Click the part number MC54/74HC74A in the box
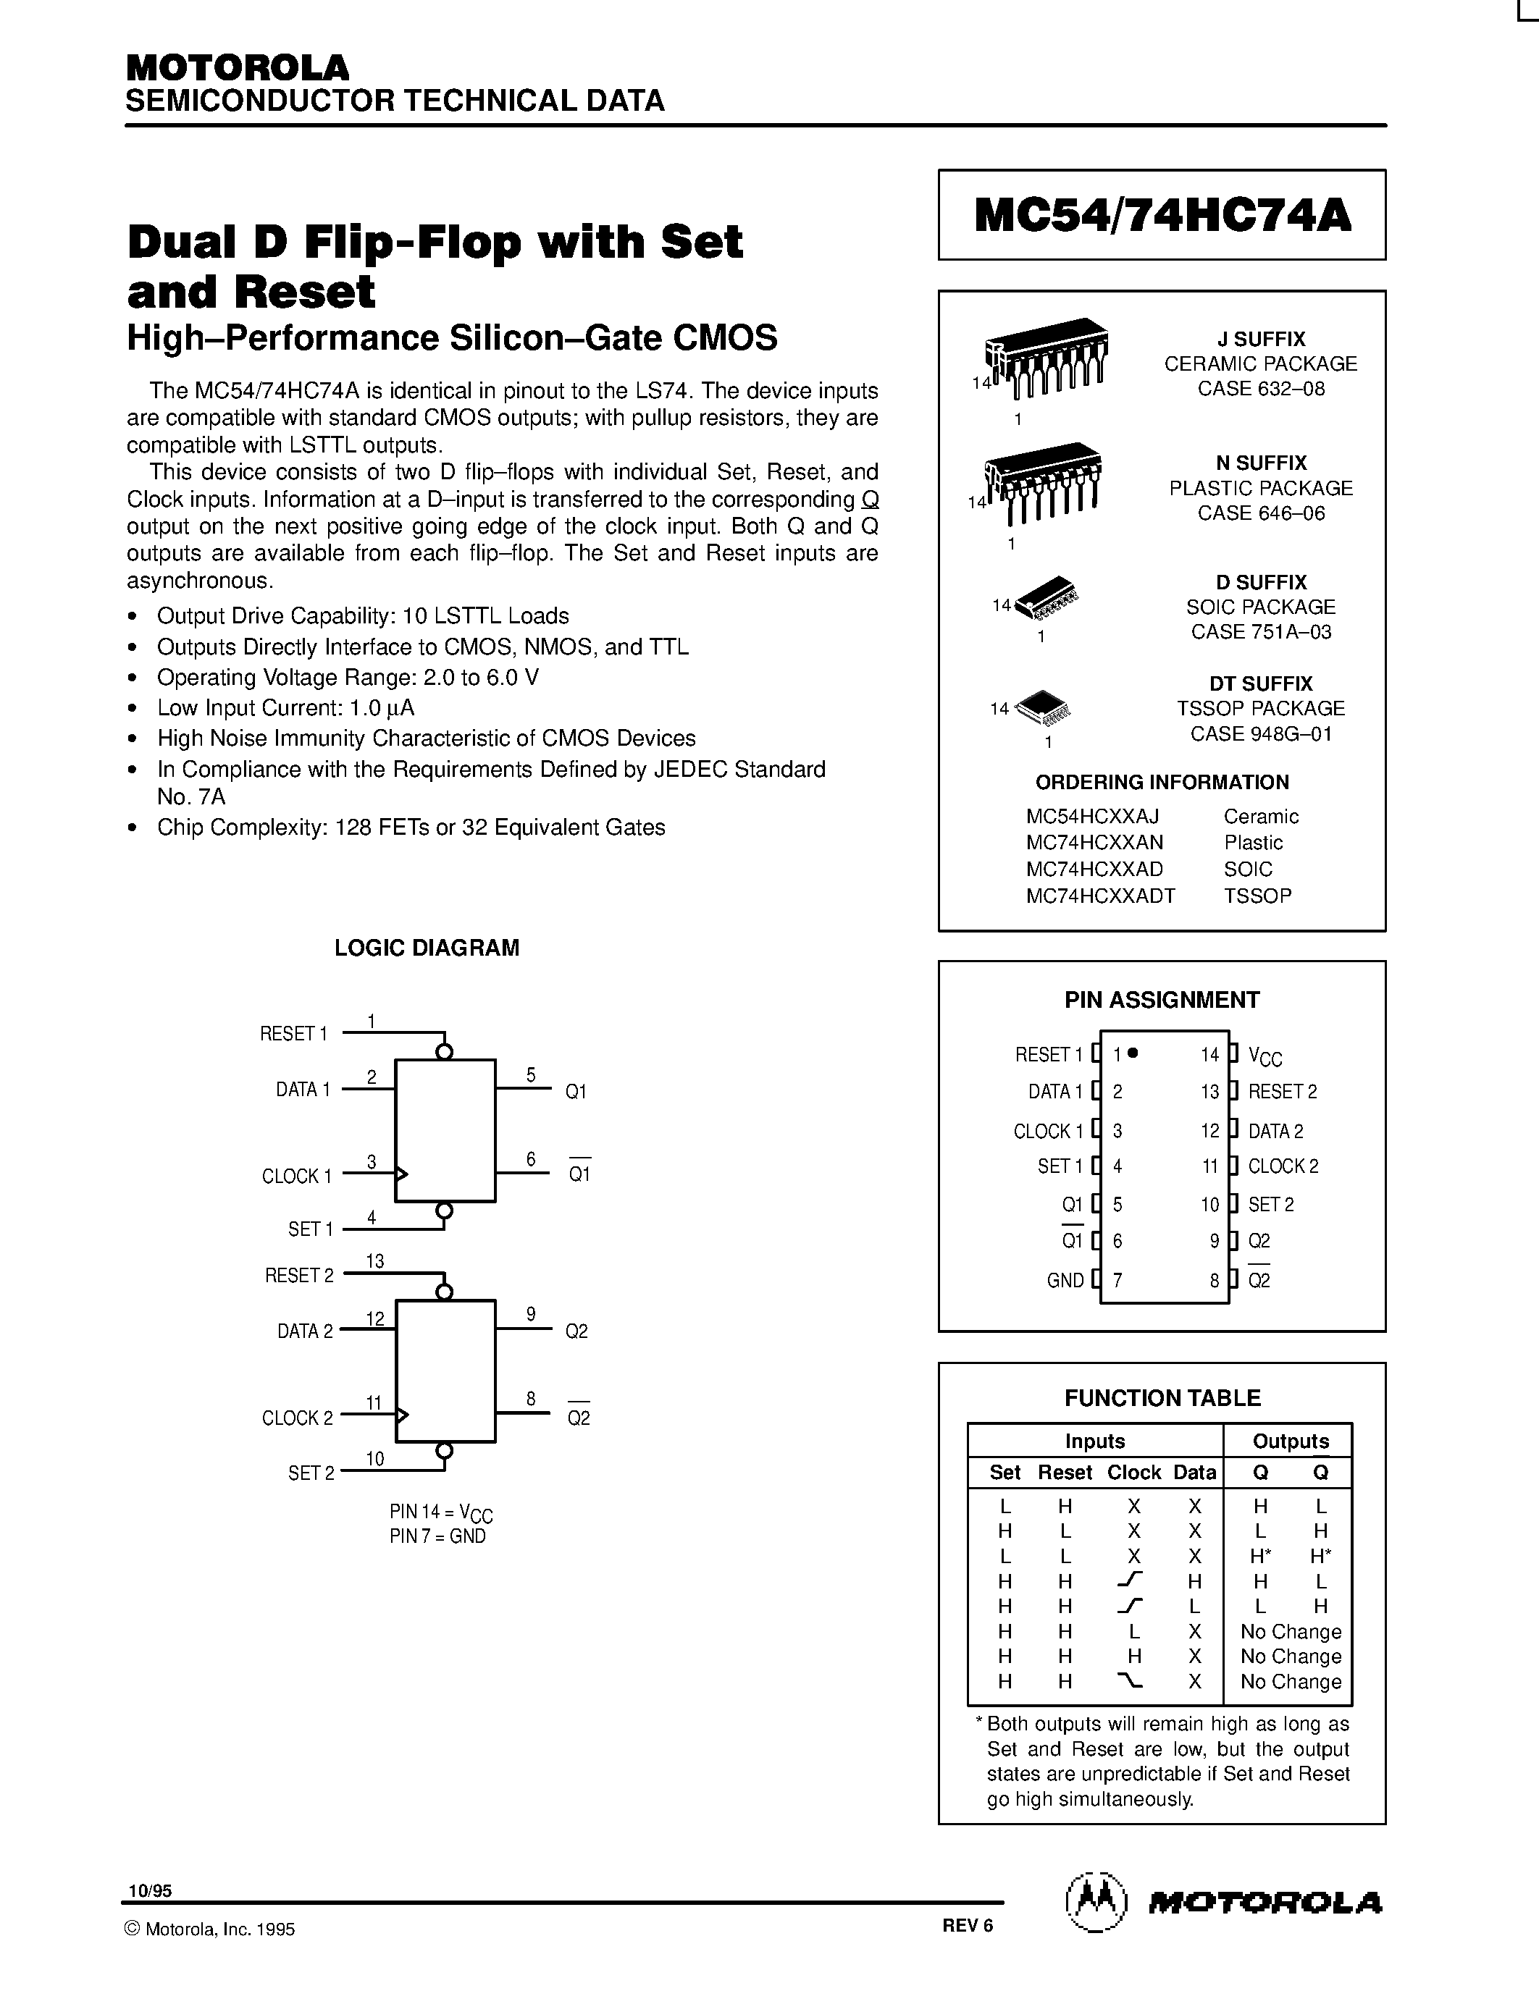coord(1162,216)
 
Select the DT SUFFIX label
coord(1261,683)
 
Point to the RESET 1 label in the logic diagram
coord(293,1034)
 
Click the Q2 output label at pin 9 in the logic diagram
coord(577,1331)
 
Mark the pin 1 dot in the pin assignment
coord(1133,1053)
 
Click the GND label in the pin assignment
coord(1065,1281)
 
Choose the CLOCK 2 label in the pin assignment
coord(1283,1166)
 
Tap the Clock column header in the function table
coord(1133,1473)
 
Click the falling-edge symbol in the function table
coord(1133,1680)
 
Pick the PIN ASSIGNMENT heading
coord(1162,1000)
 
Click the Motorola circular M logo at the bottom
coord(1096,1903)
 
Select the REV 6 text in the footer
coord(968,1924)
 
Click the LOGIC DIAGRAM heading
coord(427,948)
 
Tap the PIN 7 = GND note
coord(437,1536)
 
